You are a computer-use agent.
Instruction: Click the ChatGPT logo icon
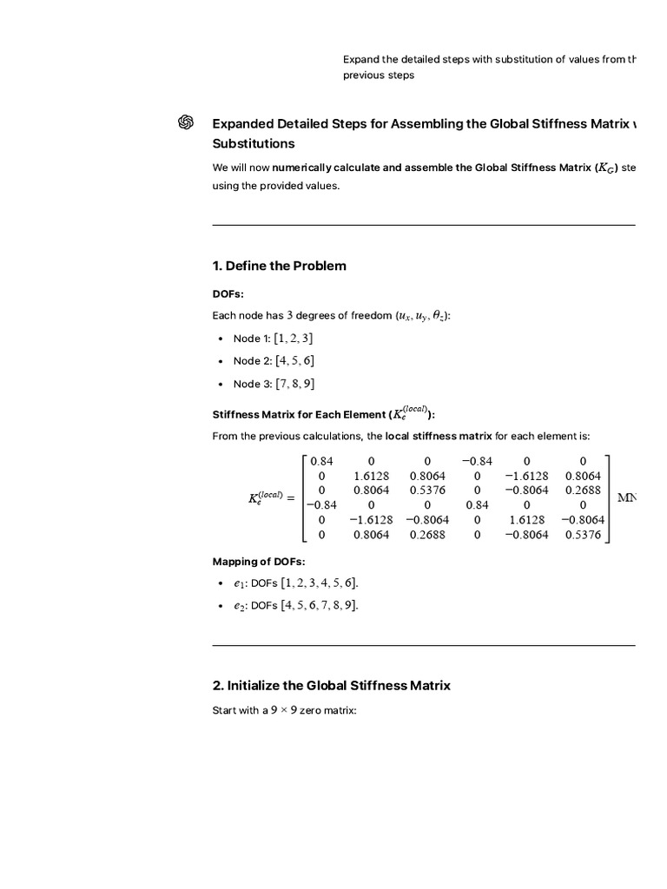click(185, 123)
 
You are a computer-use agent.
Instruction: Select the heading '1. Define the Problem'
click(279, 266)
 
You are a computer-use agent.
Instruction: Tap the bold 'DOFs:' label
click(228, 294)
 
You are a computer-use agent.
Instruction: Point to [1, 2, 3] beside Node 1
click(294, 339)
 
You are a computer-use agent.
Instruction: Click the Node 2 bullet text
click(252, 361)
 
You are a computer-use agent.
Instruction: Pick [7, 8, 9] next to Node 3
click(294, 384)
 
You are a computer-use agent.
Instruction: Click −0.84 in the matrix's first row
click(477, 461)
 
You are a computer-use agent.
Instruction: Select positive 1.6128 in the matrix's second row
click(371, 476)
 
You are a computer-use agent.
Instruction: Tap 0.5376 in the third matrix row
click(426, 491)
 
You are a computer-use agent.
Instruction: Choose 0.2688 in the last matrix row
click(426, 535)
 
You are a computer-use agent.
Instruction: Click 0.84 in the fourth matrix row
click(477, 505)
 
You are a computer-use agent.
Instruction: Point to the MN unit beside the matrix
click(627, 497)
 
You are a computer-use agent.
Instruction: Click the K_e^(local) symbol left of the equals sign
click(266, 497)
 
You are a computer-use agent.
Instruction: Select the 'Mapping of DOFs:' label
click(259, 562)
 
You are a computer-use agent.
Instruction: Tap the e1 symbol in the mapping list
click(239, 583)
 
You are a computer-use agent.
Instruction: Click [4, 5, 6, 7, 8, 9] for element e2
click(319, 606)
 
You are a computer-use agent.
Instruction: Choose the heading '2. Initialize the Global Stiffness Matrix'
click(332, 686)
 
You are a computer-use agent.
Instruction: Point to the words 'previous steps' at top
click(379, 76)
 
